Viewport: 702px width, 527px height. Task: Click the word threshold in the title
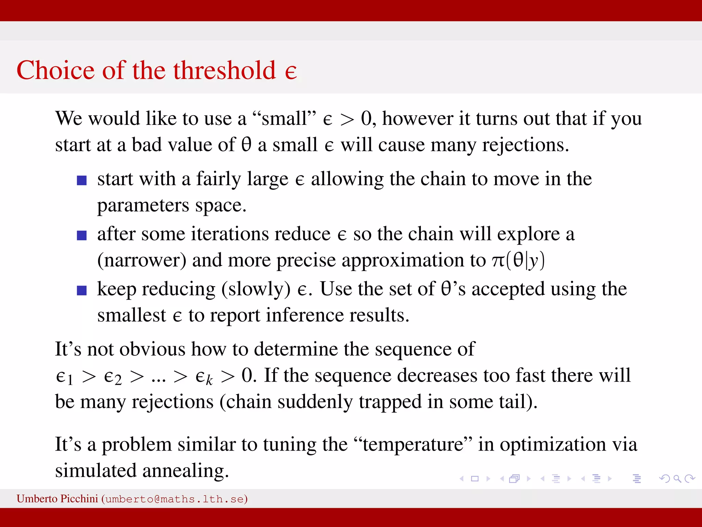pyautogui.click(x=225, y=70)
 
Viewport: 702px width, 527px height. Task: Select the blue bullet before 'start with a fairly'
pyautogui.click(x=82, y=180)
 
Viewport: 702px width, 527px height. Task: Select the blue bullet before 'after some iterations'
pyautogui.click(x=82, y=235)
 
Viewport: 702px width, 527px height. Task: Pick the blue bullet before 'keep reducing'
pyautogui.click(x=82, y=290)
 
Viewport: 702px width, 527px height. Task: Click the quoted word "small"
pyautogui.click(x=284, y=118)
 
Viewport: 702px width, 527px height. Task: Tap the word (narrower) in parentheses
pyautogui.click(x=142, y=260)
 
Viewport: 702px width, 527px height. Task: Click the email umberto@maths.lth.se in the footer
pyautogui.click(x=174, y=499)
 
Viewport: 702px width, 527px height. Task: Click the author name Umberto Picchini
pyautogui.click(x=57, y=499)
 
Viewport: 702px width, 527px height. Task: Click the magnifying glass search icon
pyautogui.click(x=677, y=478)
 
